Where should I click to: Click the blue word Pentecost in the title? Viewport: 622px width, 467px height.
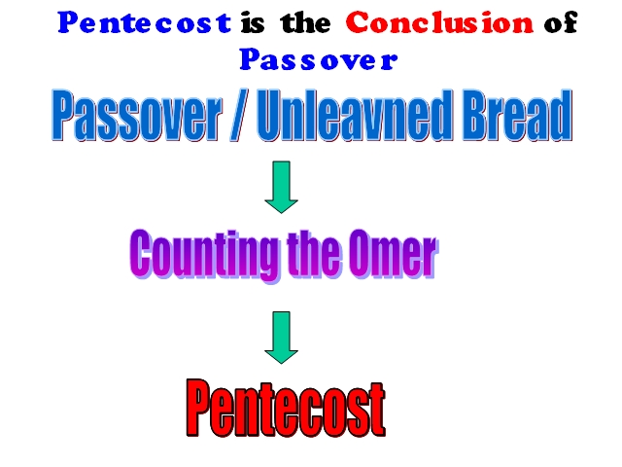pyautogui.click(x=145, y=22)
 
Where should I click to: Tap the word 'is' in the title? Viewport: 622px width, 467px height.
pyautogui.click(x=253, y=23)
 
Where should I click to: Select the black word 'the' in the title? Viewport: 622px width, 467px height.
pyautogui.click(x=305, y=23)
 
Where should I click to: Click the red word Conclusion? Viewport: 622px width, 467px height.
pyautogui.click(x=439, y=22)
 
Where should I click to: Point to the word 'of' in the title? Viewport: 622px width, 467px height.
pyautogui.click(x=561, y=22)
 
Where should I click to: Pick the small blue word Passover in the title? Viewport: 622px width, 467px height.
pyautogui.click(x=318, y=59)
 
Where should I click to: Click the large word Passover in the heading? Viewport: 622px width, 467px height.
pyautogui.click(x=137, y=115)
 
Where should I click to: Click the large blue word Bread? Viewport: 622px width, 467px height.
pyautogui.click(x=517, y=115)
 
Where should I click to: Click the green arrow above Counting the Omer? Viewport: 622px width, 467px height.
pyautogui.click(x=281, y=187)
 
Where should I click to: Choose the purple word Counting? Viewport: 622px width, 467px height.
pyautogui.click(x=204, y=254)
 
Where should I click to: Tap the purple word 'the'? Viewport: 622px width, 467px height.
pyautogui.click(x=313, y=254)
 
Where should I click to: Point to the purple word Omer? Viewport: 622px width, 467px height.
pyautogui.click(x=393, y=254)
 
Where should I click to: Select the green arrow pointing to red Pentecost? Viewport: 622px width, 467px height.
pyautogui.click(x=281, y=338)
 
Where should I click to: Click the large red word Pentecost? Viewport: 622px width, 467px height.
pyautogui.click(x=286, y=408)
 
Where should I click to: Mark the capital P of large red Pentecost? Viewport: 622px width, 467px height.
pyautogui.click(x=198, y=408)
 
